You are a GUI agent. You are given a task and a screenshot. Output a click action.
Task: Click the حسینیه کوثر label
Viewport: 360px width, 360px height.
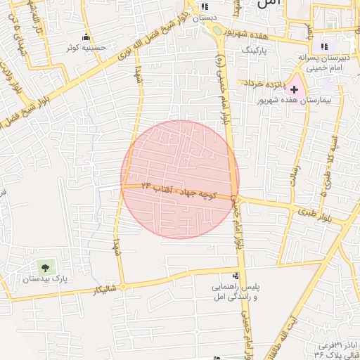[85, 48]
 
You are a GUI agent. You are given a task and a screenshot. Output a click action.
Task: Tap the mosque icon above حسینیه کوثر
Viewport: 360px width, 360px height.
[86, 37]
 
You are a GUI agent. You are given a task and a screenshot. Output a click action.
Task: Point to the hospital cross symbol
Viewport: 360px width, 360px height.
[294, 90]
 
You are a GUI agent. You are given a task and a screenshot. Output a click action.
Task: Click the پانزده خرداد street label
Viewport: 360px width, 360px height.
[264, 83]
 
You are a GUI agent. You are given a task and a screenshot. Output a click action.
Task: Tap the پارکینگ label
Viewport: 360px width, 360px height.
[255, 51]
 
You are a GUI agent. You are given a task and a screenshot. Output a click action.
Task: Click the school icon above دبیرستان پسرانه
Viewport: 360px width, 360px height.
[324, 45]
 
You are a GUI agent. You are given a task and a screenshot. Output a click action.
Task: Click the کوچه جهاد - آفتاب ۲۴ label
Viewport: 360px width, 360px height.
[176, 191]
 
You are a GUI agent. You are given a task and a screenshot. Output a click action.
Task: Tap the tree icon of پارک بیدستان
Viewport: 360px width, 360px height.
[46, 266]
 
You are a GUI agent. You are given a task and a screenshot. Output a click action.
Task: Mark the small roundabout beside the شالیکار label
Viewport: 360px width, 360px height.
[122, 286]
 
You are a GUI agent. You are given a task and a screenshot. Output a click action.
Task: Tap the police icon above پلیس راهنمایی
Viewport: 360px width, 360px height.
[236, 276]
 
